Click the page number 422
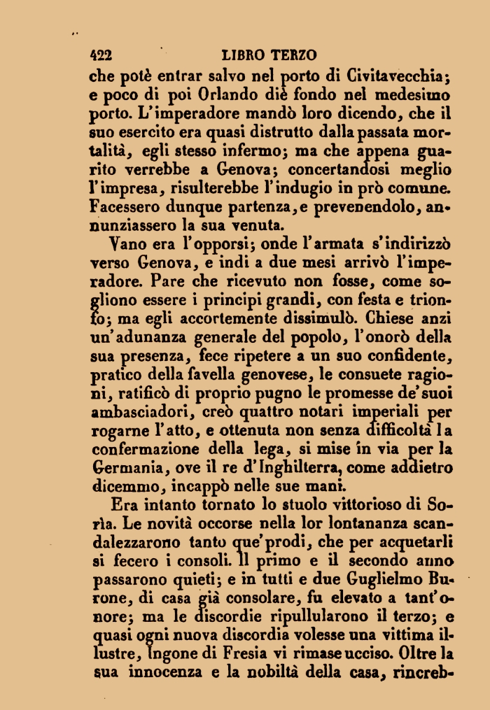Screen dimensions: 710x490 click(102, 55)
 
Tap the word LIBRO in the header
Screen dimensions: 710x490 click(241, 55)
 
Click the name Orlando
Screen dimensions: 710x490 click(236, 93)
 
